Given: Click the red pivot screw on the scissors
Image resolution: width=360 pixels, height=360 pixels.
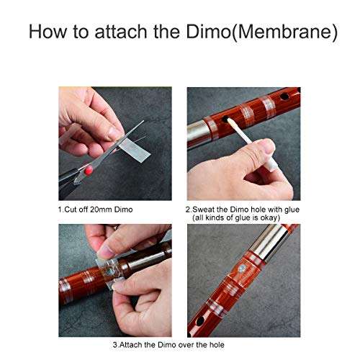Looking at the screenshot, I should click(x=89, y=171).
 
